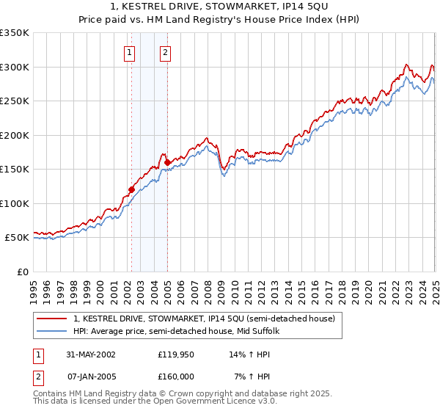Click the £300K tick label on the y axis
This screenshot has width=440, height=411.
(15, 67)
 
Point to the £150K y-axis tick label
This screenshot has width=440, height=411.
(15, 170)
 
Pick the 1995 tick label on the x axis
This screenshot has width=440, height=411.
(34, 285)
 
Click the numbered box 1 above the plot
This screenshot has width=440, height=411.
(130, 52)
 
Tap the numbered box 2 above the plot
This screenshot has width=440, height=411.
(166, 52)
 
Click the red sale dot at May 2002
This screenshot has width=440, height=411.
(132, 189)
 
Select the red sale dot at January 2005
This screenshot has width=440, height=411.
(167, 162)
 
